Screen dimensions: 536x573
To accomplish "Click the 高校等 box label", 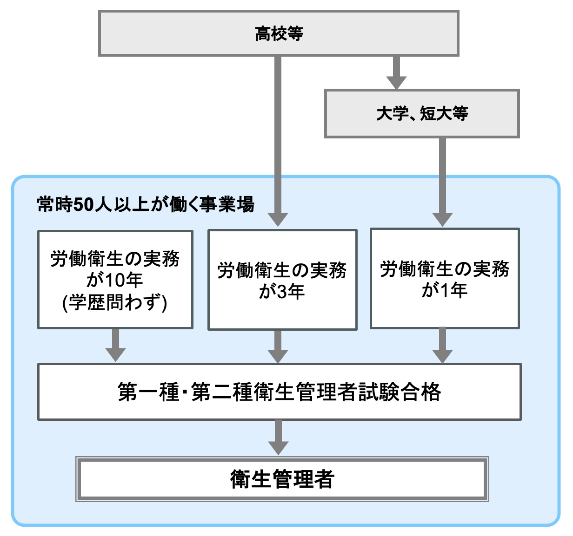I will (279, 34).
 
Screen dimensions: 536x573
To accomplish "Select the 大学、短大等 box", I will (422, 114).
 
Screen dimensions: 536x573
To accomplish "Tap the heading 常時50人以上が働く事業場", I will (146, 204).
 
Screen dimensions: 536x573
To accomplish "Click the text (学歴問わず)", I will (115, 303).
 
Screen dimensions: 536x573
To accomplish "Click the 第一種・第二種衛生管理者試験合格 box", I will (279, 392).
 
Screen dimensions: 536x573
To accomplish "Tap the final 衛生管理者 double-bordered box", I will (282, 479).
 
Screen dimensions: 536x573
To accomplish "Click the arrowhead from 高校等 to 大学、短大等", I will (396, 82).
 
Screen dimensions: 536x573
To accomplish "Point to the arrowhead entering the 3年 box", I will (278, 219).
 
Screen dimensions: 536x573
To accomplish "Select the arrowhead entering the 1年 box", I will (442, 219).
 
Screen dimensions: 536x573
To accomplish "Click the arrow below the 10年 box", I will (116, 346).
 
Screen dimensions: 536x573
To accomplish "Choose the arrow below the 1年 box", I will (442, 346).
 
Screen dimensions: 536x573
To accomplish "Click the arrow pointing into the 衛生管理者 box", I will (278, 439).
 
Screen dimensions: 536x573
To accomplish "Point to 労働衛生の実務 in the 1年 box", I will (445, 269).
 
